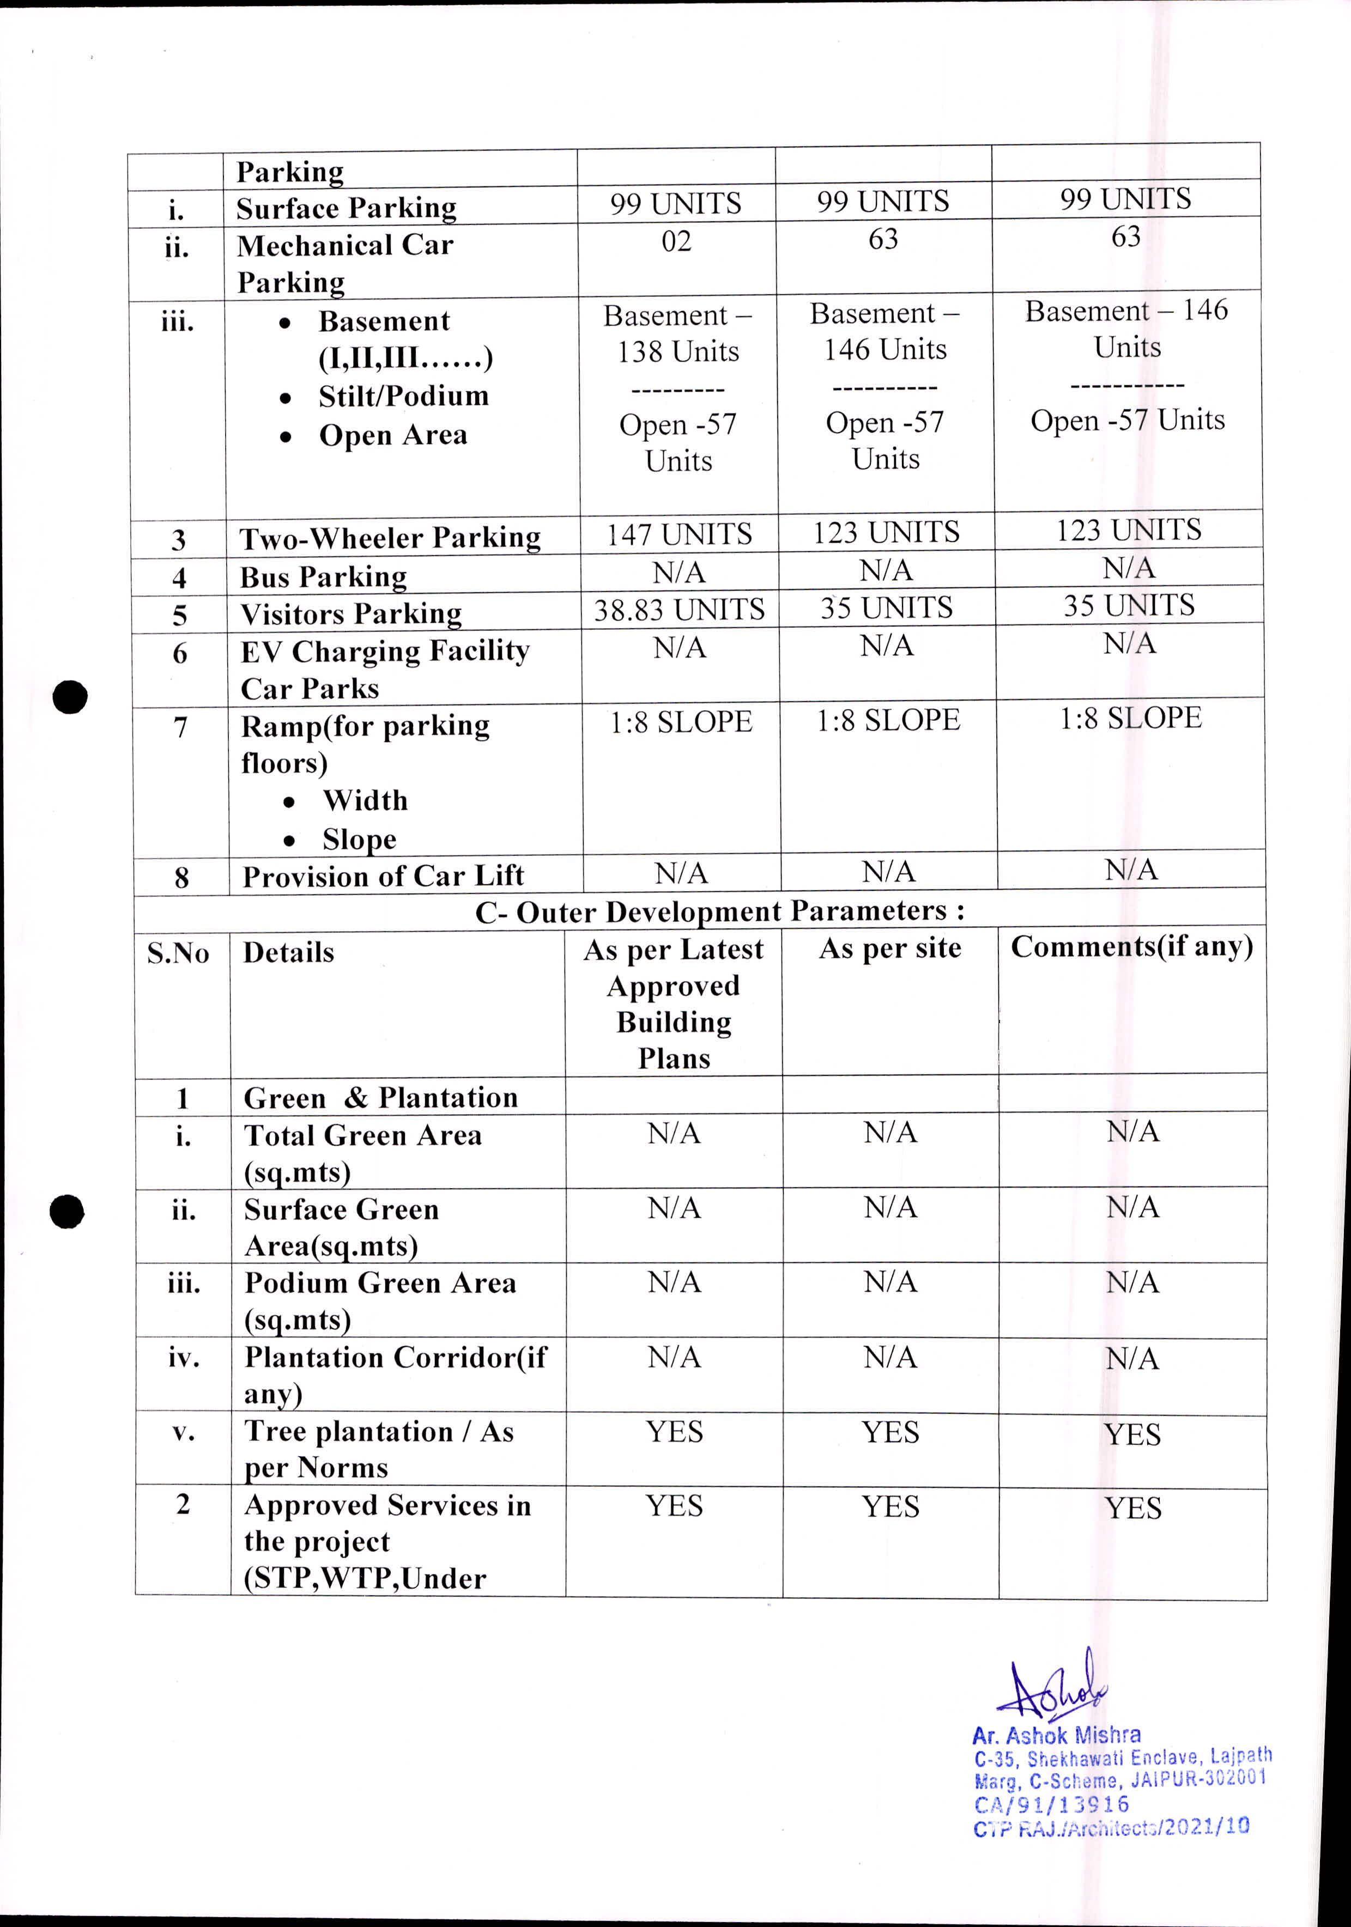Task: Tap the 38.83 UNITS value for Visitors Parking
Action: (679, 609)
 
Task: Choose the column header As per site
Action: (890, 949)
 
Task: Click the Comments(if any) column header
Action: (1131, 947)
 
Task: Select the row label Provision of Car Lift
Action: (383, 876)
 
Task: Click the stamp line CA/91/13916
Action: (1051, 1804)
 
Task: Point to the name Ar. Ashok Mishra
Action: (1056, 1736)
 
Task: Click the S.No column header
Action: (178, 953)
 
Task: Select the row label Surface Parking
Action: (346, 208)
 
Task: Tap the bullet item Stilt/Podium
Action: (403, 396)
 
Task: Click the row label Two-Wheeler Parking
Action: (390, 538)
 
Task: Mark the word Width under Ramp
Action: (365, 801)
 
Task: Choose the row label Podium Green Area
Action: (379, 1283)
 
